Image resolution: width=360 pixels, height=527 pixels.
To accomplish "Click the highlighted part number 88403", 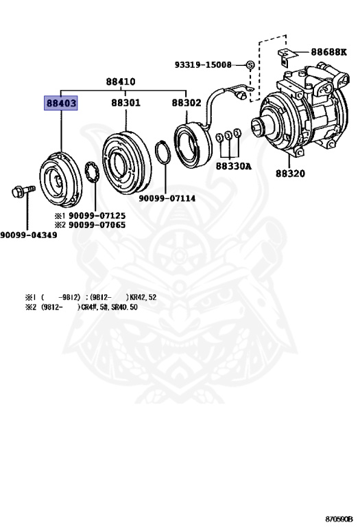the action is point(61,103).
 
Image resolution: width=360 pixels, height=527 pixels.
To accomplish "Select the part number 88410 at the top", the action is point(121,82).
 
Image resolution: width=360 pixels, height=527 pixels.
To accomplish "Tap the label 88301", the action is point(126,102).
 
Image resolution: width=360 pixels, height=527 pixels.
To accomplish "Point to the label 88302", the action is point(187,102).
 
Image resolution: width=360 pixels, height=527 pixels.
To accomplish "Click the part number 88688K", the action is point(329,51).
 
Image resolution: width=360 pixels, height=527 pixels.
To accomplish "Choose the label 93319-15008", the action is point(203,65).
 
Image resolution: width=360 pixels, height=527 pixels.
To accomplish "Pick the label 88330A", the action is point(233,166).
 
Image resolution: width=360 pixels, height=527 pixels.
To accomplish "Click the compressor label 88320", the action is point(291,174).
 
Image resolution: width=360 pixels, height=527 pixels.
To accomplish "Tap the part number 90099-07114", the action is point(167,198).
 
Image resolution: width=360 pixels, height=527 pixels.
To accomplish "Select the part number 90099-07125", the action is point(97,215).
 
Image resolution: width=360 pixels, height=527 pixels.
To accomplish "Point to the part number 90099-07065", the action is point(97,225).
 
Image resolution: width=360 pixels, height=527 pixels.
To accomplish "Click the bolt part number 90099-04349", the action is point(29,235).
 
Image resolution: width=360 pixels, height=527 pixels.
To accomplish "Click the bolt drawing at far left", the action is point(23,191).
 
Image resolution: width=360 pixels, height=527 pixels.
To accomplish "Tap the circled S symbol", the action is point(250,65).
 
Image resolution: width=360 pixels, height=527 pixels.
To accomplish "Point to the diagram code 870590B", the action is point(339,519).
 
